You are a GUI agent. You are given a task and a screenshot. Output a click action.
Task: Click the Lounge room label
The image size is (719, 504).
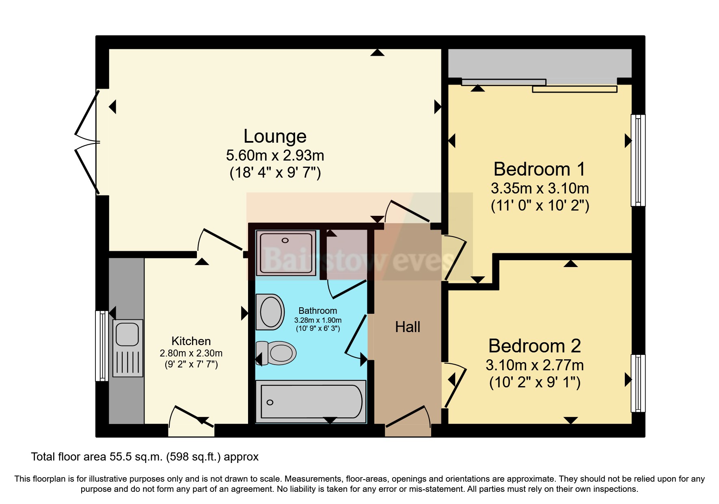coord(275,137)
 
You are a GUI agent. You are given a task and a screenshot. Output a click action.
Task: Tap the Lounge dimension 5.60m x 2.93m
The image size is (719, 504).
coord(275,156)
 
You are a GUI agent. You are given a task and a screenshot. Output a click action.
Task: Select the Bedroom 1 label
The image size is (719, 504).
coord(539,169)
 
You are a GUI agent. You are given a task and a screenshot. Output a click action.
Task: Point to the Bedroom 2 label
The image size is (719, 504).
coord(534,346)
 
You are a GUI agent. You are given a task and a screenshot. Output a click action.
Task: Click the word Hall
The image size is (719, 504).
coord(408,327)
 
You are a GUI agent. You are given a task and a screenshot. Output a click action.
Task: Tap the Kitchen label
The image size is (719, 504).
coord(191,341)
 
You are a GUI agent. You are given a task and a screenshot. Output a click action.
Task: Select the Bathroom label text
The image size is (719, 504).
coord(317,311)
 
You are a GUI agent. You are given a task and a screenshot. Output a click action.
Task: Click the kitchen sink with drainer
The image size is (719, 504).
coord(128,348)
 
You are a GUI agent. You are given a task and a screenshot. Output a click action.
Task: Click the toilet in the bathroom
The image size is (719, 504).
coord(277,353)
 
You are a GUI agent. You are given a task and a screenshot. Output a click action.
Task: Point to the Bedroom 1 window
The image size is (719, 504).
coord(637,160)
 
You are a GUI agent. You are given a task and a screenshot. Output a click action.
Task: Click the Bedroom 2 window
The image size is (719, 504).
coord(637,383)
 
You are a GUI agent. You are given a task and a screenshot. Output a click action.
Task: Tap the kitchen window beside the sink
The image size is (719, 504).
coord(101,346)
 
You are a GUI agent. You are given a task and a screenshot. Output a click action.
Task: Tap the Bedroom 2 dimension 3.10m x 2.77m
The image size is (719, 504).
coord(534,365)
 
